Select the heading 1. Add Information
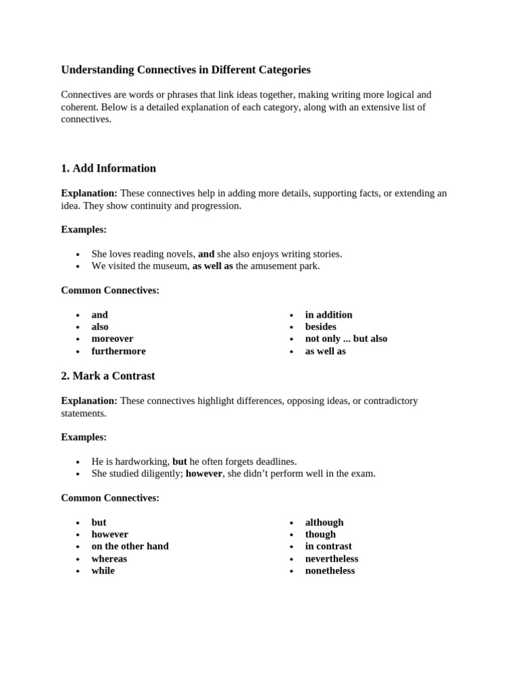108,168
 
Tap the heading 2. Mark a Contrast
107,376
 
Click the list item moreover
112,339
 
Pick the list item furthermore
118,351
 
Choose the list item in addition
328,314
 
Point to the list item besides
320,326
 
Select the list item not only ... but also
346,339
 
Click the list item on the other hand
130,546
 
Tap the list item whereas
109,558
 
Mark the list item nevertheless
331,558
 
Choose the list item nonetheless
330,570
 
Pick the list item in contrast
328,546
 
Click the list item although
324,522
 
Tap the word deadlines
274,462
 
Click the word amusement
274,266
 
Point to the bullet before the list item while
78,571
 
